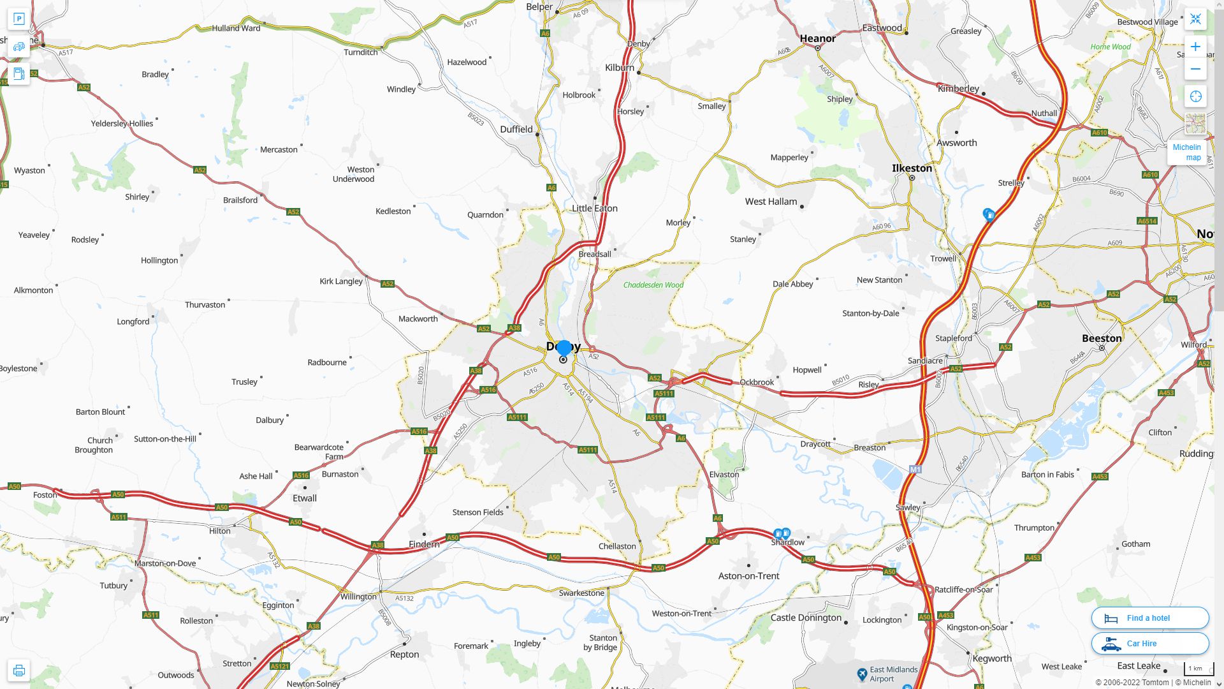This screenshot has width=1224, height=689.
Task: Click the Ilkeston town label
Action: click(912, 168)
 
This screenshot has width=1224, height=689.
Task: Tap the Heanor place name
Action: click(817, 38)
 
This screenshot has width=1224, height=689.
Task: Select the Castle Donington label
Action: click(806, 618)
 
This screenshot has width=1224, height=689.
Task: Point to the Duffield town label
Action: click(516, 129)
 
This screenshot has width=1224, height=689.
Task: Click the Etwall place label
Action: click(304, 498)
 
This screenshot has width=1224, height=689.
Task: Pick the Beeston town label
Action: click(1102, 338)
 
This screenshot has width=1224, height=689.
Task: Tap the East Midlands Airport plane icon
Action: click(862, 674)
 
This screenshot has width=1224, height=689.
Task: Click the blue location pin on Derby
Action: click(564, 348)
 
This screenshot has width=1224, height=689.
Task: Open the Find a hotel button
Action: click(1149, 618)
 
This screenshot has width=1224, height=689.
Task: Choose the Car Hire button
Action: click(1149, 644)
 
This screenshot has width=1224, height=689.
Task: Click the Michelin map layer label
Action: click(1186, 152)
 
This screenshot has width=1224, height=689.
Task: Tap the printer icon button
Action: click(19, 670)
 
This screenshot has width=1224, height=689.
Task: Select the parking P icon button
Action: click(19, 19)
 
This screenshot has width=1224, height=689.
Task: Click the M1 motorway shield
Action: click(915, 470)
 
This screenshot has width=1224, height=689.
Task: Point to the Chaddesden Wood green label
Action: click(653, 285)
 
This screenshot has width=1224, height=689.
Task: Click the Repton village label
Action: click(404, 655)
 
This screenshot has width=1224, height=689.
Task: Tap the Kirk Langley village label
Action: click(340, 281)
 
